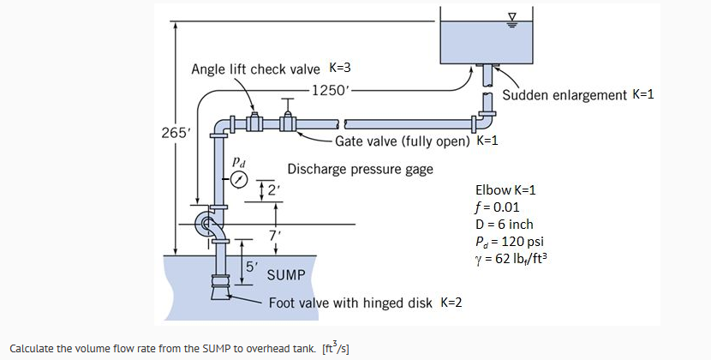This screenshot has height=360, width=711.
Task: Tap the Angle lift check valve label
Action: tap(254, 69)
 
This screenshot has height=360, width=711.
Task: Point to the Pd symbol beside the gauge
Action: tap(241, 159)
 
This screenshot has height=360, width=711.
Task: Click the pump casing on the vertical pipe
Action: tap(208, 225)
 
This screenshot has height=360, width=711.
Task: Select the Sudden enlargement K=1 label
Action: tap(578, 94)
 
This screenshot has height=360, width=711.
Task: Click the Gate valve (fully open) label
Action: tap(411, 141)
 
